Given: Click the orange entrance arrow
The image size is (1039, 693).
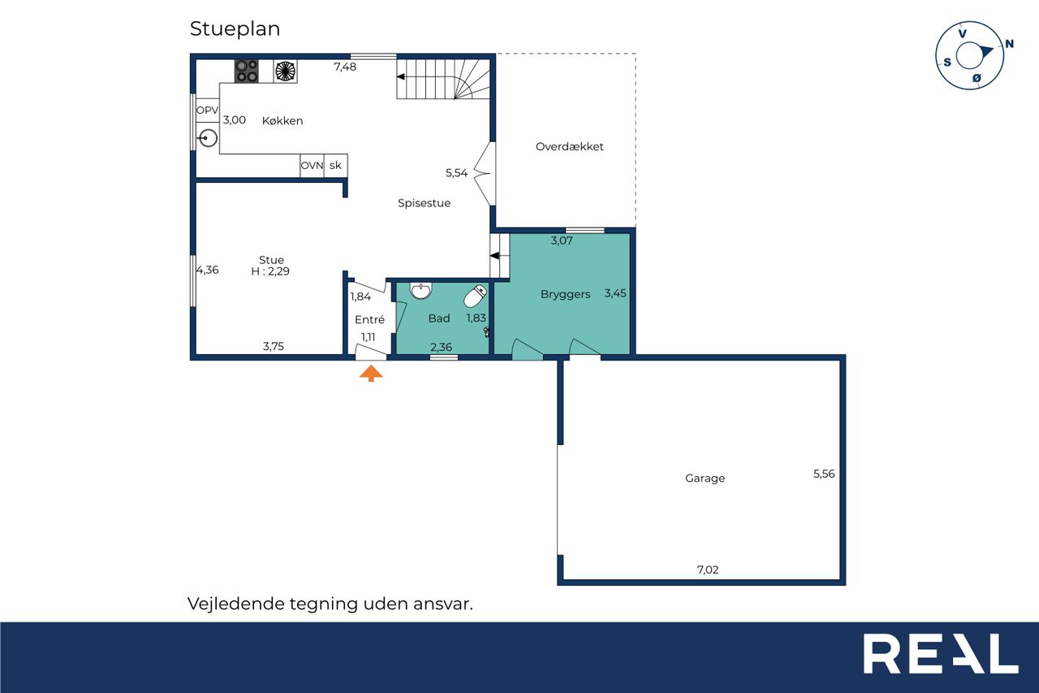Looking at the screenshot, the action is click(x=371, y=373).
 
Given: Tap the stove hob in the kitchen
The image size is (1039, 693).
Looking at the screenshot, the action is click(x=246, y=71).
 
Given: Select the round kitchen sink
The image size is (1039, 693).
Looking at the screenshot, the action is click(x=208, y=138).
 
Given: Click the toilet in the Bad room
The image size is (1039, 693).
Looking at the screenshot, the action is click(x=475, y=297).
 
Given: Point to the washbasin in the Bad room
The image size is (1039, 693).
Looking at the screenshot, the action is click(x=420, y=291).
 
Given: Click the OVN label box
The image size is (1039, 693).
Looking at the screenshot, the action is click(x=312, y=165).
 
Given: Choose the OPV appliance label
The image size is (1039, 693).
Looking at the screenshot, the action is click(x=207, y=110).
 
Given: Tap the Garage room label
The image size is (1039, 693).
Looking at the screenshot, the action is click(x=705, y=478).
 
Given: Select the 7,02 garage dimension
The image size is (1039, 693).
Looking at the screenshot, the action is click(x=708, y=570).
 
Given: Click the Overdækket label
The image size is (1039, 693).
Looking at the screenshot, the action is click(x=570, y=147).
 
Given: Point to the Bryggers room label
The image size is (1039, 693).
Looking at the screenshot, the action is click(x=566, y=294).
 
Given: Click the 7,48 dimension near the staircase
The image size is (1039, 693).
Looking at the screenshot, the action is click(x=345, y=67).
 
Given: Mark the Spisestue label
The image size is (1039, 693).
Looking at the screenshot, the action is click(x=424, y=203).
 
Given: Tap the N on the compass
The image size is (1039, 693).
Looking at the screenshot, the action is click(x=1009, y=44).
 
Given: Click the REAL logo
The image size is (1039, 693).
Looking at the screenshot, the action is click(x=941, y=653).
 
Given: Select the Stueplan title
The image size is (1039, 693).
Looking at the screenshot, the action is click(x=235, y=28).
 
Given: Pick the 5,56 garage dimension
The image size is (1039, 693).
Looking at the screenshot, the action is click(x=824, y=474).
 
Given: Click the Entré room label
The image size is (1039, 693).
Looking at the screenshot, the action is click(x=369, y=319).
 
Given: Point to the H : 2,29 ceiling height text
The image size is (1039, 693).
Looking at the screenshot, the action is click(x=270, y=271).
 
